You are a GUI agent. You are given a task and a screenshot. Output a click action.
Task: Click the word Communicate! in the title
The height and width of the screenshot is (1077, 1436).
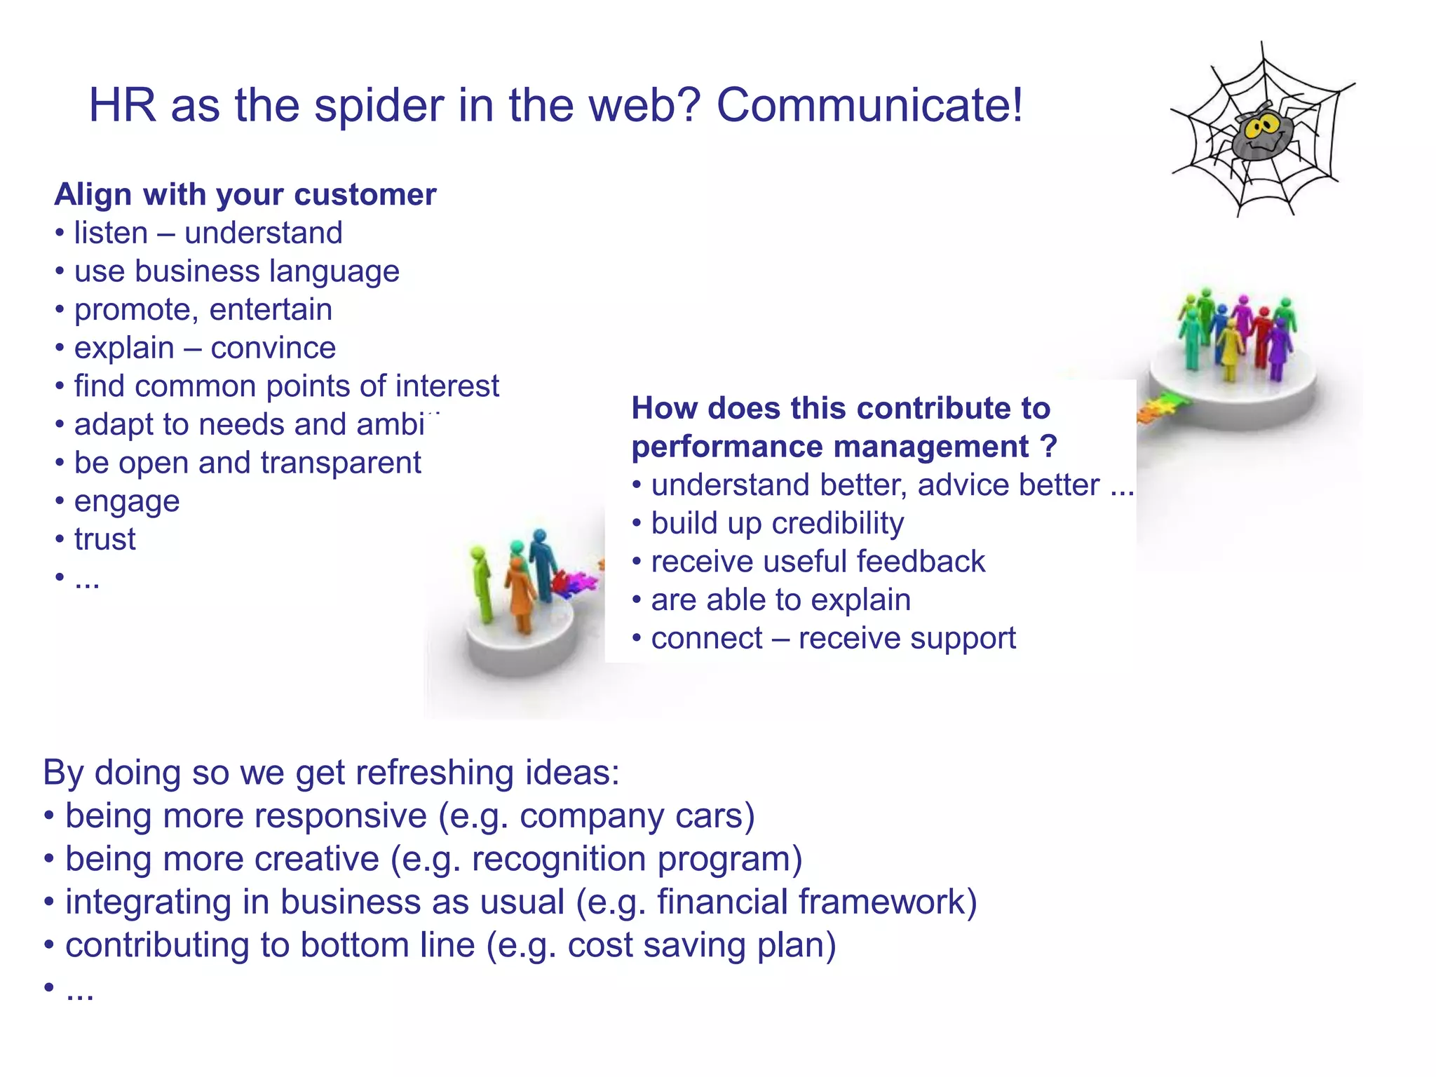pos(869,106)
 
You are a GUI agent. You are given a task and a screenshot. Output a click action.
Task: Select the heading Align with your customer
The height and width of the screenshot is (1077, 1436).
pos(245,194)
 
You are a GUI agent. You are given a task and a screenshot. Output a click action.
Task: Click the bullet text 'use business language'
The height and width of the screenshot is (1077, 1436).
pos(236,271)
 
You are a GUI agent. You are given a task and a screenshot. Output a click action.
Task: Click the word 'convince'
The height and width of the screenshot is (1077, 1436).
pos(273,348)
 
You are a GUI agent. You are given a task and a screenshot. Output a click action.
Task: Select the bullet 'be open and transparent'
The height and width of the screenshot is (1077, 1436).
pos(247,463)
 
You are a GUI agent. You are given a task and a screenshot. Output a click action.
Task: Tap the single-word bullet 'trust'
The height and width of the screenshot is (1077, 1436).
pos(104,539)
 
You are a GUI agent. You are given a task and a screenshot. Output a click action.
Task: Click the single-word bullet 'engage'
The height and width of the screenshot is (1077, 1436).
pos(127,501)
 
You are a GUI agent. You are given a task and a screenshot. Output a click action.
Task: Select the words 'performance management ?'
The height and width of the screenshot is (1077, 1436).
pos(844,447)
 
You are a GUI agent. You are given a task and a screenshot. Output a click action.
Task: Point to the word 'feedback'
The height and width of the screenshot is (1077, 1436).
pos(920,562)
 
